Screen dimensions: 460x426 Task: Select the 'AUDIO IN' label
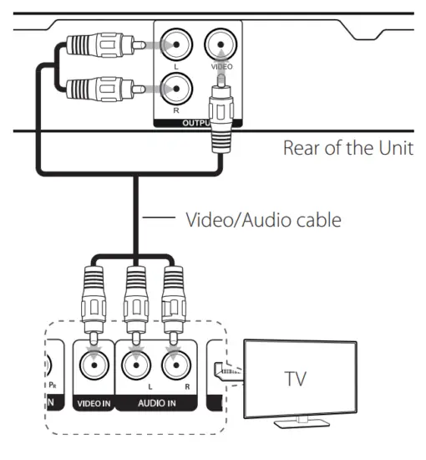pyautogui.click(x=155, y=402)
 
